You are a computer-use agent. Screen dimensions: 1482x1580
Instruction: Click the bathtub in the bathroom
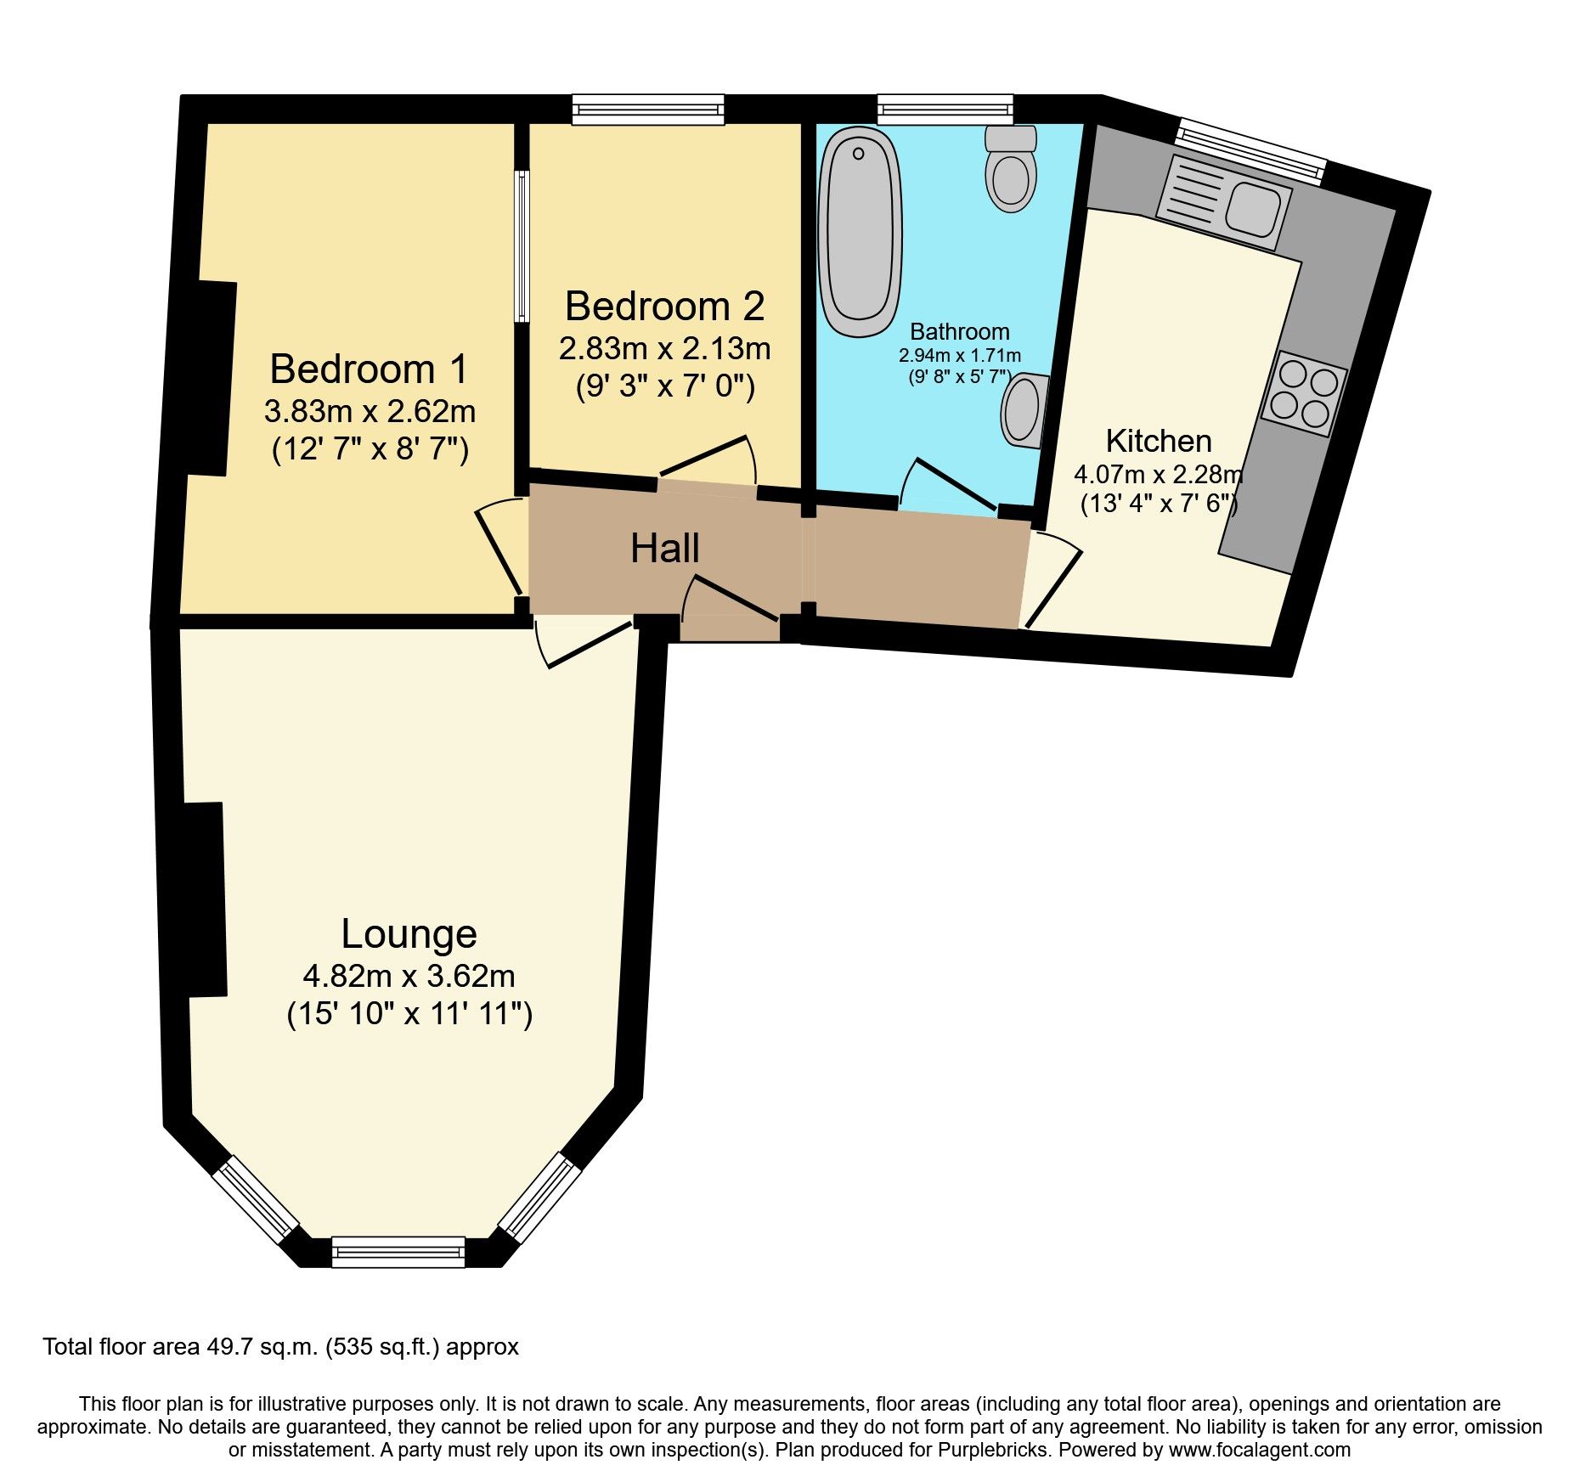[x=860, y=232]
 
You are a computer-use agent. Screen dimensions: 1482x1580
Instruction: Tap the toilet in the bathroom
[x=1011, y=170]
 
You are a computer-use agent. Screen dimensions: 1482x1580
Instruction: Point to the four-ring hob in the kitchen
[x=1303, y=392]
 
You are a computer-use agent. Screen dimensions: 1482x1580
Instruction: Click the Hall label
[x=664, y=549]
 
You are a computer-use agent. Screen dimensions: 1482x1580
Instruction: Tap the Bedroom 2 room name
[x=664, y=307]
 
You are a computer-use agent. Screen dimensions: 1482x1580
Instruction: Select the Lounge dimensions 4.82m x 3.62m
[x=409, y=977]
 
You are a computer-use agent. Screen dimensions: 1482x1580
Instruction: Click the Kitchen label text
[x=1158, y=442]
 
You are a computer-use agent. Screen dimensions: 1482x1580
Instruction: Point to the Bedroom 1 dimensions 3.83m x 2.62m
[x=370, y=412]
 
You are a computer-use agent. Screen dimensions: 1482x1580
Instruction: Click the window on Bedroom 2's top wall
[x=648, y=110]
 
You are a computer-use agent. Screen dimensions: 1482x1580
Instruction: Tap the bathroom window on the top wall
[x=945, y=110]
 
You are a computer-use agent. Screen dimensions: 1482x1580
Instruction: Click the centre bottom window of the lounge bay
[x=398, y=1252]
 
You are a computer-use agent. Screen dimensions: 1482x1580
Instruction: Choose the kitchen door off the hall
[x=1052, y=578]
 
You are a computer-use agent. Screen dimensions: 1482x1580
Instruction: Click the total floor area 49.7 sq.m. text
[x=280, y=1347]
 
